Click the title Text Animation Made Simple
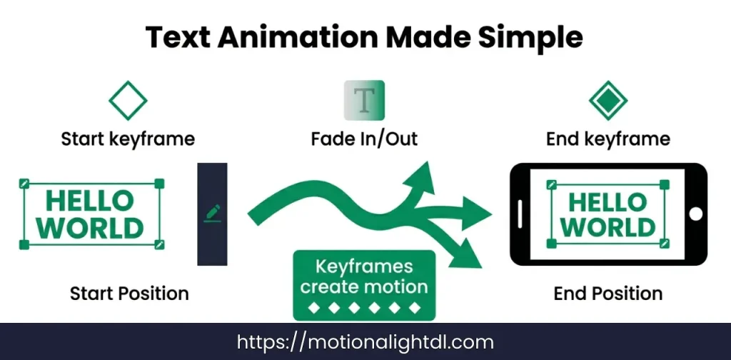pos(365,36)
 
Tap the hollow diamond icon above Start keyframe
pos(128,101)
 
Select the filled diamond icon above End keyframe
pos(608,101)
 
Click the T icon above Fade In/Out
pos(364,100)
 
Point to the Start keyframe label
pos(128,139)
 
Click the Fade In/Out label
pos(364,139)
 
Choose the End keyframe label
pos(608,139)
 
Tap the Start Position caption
pos(129,293)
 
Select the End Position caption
pos(608,293)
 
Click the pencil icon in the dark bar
pos(212,212)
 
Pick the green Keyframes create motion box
pos(364,285)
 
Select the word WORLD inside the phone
pos(608,227)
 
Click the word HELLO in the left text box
pos(89,201)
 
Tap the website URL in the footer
pos(365,342)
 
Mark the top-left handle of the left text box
pos(24,184)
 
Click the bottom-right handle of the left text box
pos(159,245)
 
